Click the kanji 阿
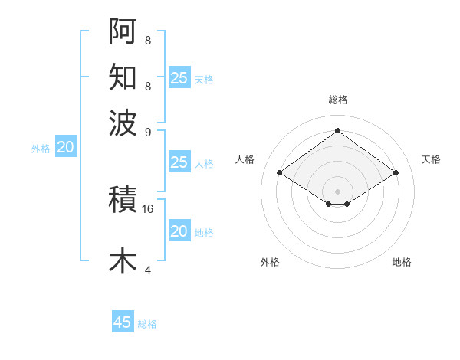point(123,31)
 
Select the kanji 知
point(123,77)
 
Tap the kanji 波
point(123,122)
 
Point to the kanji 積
point(123,200)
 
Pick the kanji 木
point(123,260)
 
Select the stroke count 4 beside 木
point(147,270)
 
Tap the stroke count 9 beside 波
point(147,131)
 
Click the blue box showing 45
point(123,322)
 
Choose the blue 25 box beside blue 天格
point(179,78)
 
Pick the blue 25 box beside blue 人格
point(179,162)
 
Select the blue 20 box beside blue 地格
point(179,231)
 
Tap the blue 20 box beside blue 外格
point(65,148)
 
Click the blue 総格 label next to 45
point(147,324)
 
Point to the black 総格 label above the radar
point(337,100)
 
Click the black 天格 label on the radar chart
point(431,159)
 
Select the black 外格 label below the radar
point(270,262)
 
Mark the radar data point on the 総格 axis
point(337,130)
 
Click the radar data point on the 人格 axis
point(280,173)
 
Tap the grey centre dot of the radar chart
point(337,191)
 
